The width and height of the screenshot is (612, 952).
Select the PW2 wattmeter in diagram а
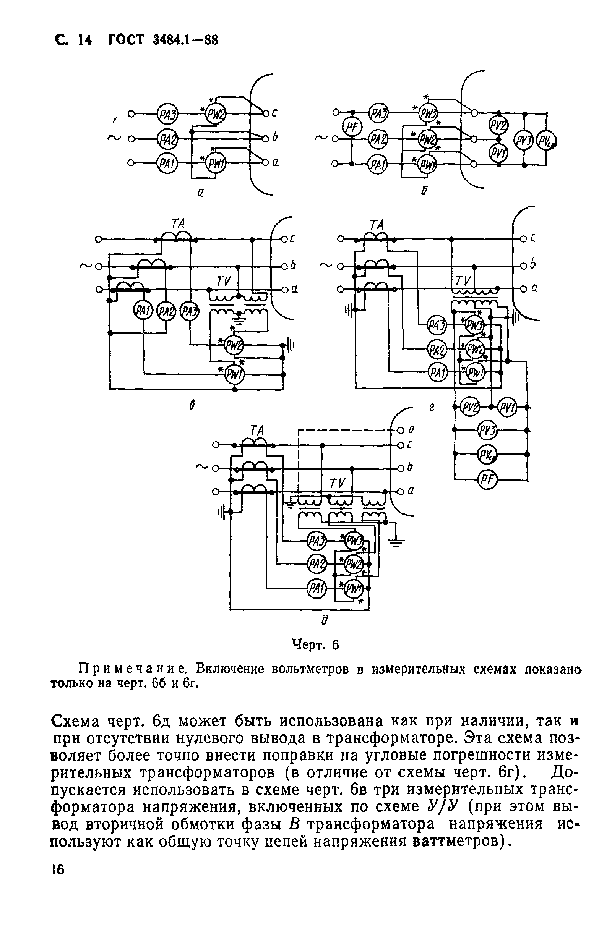(x=215, y=115)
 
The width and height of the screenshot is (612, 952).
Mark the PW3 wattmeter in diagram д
(x=353, y=541)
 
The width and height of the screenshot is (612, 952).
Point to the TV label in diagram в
(x=223, y=281)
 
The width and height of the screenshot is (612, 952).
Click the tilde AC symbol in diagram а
(x=114, y=138)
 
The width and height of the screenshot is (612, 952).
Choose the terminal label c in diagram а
(x=274, y=113)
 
